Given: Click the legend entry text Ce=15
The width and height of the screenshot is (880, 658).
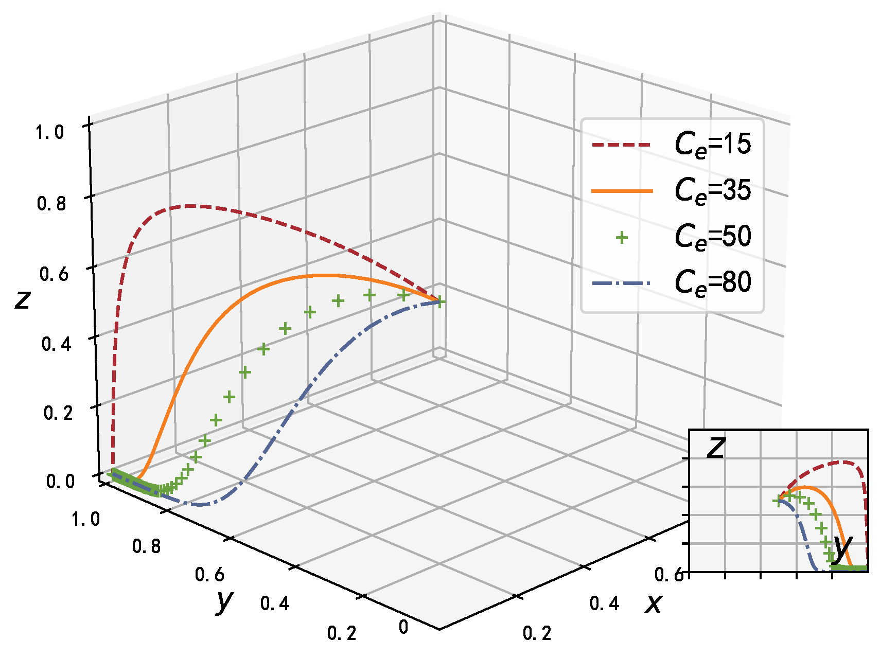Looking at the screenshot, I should point(713,145).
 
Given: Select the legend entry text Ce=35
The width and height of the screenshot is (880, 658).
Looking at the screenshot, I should point(713,191).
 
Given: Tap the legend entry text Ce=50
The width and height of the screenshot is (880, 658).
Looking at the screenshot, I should point(713,237).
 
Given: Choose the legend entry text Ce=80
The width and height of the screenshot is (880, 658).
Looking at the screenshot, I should point(713,282).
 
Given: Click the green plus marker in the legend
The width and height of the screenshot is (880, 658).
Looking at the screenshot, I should point(622,237).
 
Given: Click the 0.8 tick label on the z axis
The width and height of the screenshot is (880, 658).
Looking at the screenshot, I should point(51,204).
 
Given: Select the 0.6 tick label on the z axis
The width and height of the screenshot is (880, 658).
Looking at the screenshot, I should point(54,274).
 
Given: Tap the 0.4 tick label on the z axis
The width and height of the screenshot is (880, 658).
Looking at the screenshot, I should point(56,344).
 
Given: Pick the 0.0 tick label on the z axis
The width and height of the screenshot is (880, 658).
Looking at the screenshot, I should point(61,482).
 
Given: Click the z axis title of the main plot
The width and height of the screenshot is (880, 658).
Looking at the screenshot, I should point(22,299).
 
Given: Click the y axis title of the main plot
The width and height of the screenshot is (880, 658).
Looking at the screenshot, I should point(224,600).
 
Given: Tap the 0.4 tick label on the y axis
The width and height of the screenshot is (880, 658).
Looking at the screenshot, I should point(275,603).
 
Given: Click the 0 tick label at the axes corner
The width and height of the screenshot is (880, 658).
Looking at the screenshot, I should point(403,627).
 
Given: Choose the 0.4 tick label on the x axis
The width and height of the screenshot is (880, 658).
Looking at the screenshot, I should point(604,603).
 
